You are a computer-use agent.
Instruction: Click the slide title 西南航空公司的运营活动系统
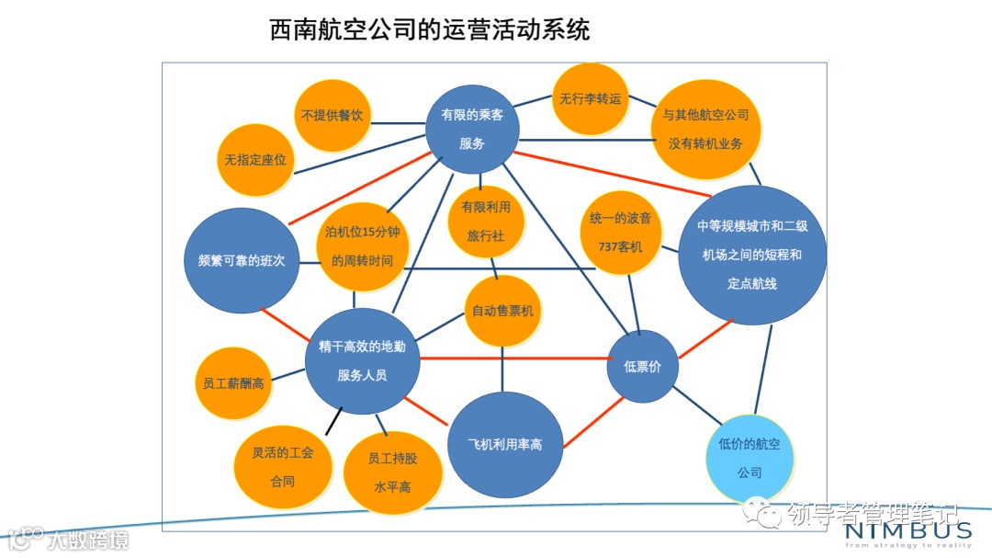tap(430, 31)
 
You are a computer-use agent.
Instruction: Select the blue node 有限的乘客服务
tap(472, 129)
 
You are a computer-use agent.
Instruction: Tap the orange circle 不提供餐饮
tap(333, 116)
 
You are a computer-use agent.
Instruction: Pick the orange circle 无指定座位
tap(255, 159)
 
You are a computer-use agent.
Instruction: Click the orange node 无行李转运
tap(591, 98)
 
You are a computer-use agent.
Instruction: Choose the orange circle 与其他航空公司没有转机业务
tap(705, 130)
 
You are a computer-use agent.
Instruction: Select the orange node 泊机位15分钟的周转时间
tap(362, 246)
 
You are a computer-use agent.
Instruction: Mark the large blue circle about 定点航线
tap(751, 255)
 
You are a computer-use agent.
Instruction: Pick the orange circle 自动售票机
tap(502, 311)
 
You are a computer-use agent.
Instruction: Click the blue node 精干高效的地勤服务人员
tap(362, 360)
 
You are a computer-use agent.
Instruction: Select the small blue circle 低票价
tap(642, 367)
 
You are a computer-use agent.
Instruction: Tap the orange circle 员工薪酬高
tap(233, 382)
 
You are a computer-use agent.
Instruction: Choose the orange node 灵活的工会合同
tap(282, 465)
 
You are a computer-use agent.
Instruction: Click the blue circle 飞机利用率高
tap(504, 445)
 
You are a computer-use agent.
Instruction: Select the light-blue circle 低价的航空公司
tap(750, 458)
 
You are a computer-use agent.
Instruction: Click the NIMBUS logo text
tap(906, 530)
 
